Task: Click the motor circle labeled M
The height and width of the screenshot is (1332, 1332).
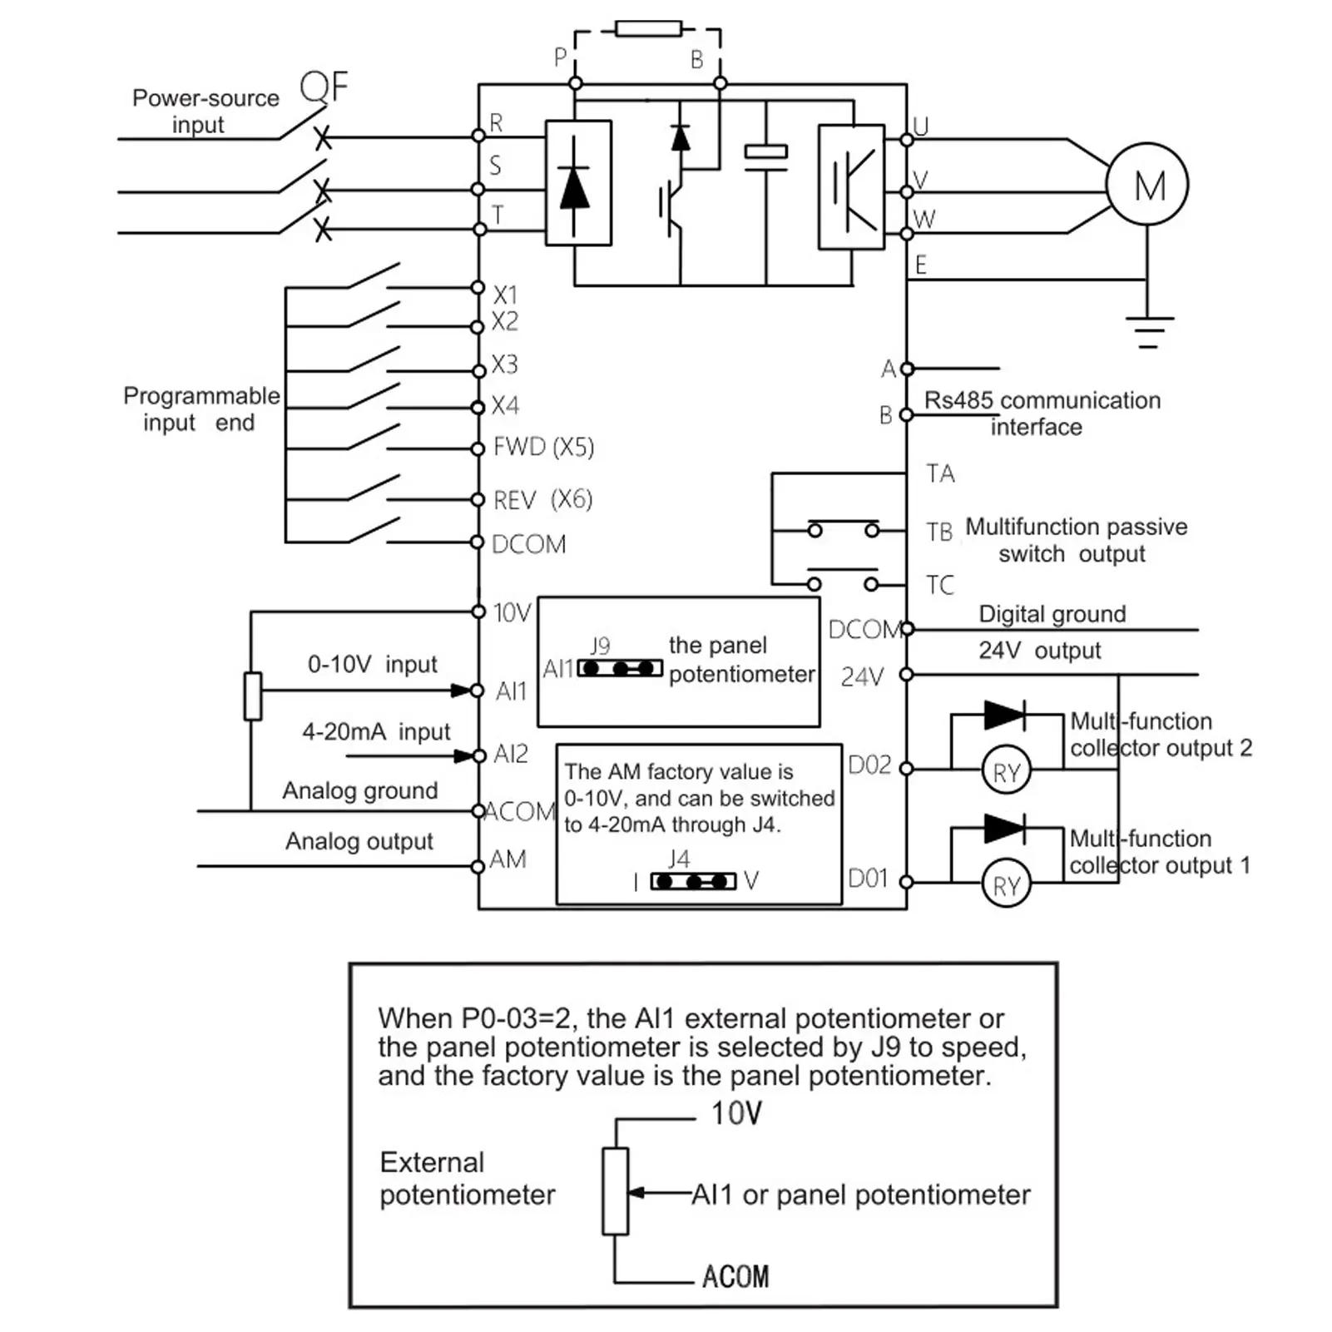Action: pyautogui.click(x=1146, y=185)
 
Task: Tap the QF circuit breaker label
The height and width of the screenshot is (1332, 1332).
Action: pyautogui.click(x=324, y=87)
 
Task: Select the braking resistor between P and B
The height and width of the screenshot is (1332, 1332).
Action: pyautogui.click(x=648, y=29)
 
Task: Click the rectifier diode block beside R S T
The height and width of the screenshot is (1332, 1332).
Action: pyautogui.click(x=578, y=183)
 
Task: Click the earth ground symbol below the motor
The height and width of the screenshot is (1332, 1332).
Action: pyautogui.click(x=1148, y=331)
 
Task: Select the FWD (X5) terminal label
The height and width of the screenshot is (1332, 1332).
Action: pyautogui.click(x=543, y=448)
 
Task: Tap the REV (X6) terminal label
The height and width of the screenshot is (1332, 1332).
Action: pyautogui.click(x=542, y=500)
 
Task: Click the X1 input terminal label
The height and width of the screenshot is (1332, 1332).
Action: pyautogui.click(x=505, y=295)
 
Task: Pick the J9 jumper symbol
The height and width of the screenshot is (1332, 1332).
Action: pyautogui.click(x=620, y=668)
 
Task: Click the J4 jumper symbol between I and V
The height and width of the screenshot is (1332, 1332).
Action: pyautogui.click(x=693, y=881)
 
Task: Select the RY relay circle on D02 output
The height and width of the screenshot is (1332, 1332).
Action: pyautogui.click(x=1007, y=770)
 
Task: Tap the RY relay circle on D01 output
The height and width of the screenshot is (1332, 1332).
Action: pyautogui.click(x=1007, y=884)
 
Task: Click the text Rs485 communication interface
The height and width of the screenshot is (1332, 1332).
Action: pyautogui.click(x=1042, y=413)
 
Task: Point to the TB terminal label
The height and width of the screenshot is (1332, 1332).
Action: pyautogui.click(x=940, y=532)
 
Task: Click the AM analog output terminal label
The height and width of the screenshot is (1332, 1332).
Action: pyautogui.click(x=508, y=859)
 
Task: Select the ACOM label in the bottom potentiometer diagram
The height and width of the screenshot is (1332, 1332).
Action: pyautogui.click(x=735, y=1276)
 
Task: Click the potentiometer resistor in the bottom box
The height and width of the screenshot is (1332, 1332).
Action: pyautogui.click(x=615, y=1191)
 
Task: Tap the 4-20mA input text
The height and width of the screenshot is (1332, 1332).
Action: pyautogui.click(x=375, y=732)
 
